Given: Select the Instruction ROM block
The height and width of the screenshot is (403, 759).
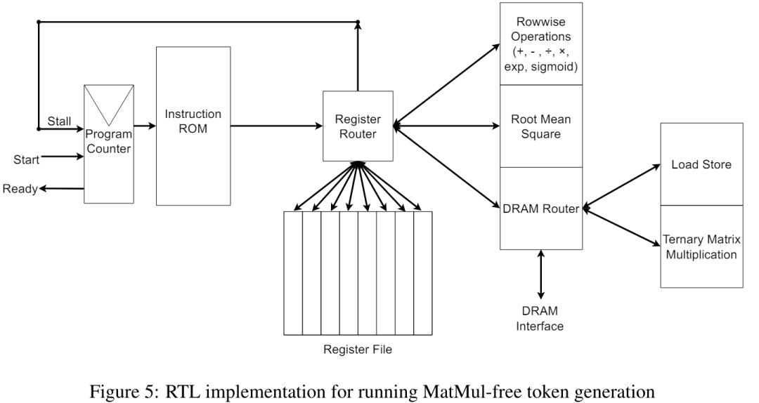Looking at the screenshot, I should click(x=193, y=126).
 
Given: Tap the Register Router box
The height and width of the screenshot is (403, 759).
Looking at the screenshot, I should click(x=358, y=126).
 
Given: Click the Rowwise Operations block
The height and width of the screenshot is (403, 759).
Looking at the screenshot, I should click(x=540, y=44).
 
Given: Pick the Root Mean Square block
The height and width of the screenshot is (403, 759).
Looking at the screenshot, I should click(x=540, y=126).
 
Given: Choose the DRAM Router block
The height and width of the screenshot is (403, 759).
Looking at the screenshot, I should click(x=540, y=209).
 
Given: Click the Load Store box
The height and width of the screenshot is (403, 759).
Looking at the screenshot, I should click(x=701, y=164).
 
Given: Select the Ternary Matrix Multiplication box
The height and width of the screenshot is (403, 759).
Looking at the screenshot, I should click(x=701, y=246).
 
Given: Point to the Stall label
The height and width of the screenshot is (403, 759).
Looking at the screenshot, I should click(x=59, y=121).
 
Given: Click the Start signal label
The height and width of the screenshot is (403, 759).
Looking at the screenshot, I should click(x=26, y=159).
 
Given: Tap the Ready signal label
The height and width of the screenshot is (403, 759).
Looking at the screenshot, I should click(x=20, y=188).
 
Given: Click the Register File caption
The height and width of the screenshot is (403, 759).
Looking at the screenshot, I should click(x=357, y=349).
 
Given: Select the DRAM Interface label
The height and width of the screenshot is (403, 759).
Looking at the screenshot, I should click(x=540, y=318).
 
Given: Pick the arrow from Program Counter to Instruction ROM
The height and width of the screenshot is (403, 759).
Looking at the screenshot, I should click(x=144, y=126).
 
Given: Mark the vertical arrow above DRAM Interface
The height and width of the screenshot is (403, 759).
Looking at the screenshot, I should click(x=540, y=274).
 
